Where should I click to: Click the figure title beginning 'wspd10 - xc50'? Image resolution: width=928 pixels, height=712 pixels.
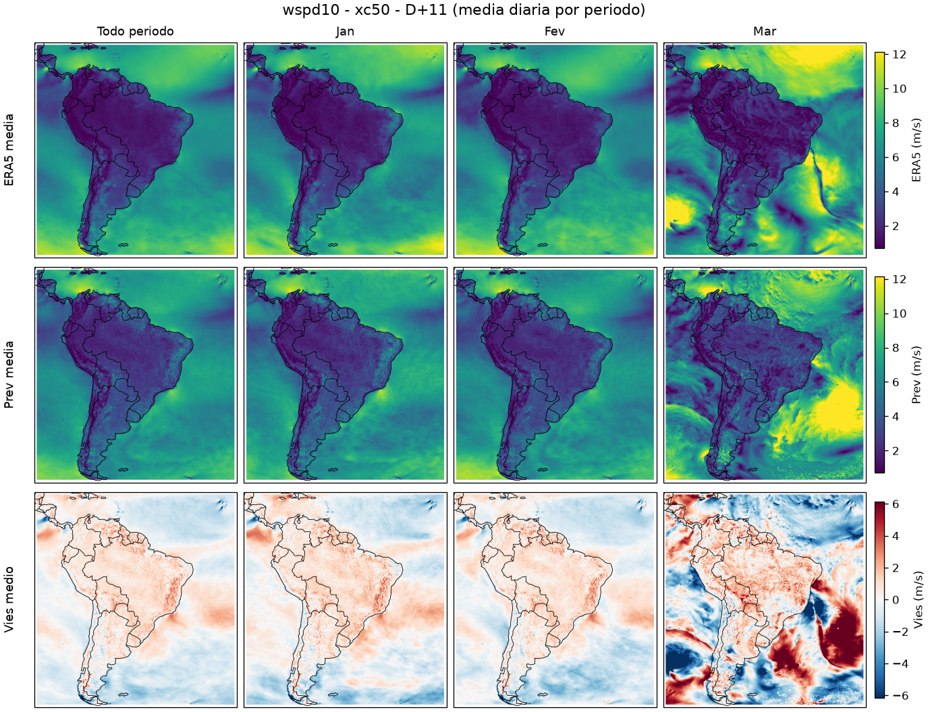click(x=464, y=9)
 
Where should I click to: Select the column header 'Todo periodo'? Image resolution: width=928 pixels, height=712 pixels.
click(x=136, y=31)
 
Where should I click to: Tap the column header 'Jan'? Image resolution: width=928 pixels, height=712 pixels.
click(x=345, y=31)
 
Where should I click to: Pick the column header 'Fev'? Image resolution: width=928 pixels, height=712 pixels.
click(x=555, y=31)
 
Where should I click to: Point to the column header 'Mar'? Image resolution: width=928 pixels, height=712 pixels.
click(x=765, y=31)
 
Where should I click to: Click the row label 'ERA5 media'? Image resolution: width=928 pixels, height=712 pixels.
click(x=9, y=150)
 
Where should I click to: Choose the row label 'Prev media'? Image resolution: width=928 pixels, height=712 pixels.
click(x=9, y=375)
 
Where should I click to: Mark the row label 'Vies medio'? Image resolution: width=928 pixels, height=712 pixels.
click(x=9, y=599)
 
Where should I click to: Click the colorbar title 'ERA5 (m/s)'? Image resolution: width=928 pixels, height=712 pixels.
click(x=916, y=150)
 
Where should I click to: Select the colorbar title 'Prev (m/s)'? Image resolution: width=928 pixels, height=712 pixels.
click(x=916, y=375)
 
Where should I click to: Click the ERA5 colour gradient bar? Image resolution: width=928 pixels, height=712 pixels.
click(x=879, y=150)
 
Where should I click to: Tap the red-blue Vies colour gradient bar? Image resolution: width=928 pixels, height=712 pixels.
click(x=879, y=600)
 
